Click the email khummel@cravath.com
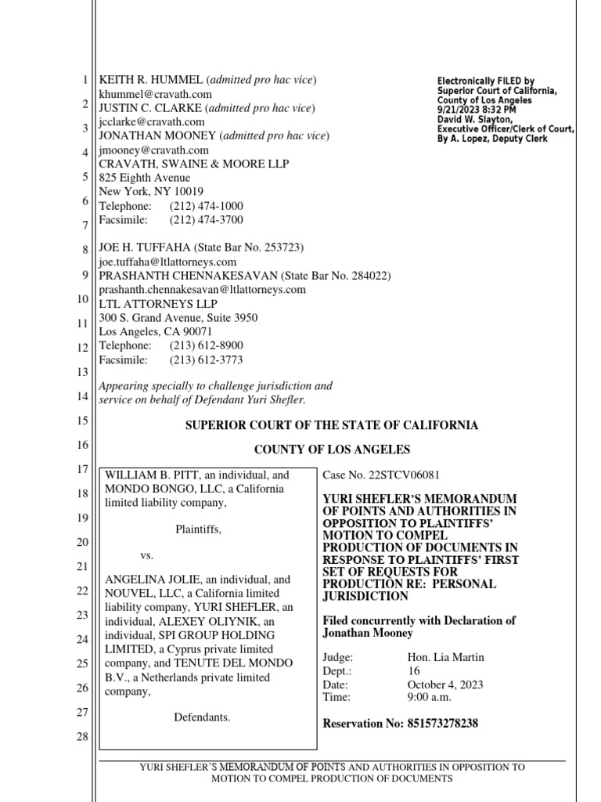tap(155, 94)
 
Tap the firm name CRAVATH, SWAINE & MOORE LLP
tap(193, 164)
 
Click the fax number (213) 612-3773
tap(206, 360)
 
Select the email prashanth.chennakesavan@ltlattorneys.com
tap(202, 290)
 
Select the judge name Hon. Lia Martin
tap(445, 657)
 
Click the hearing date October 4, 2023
tap(446, 685)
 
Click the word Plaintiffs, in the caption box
tap(198, 529)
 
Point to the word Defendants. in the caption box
tap(201, 717)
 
